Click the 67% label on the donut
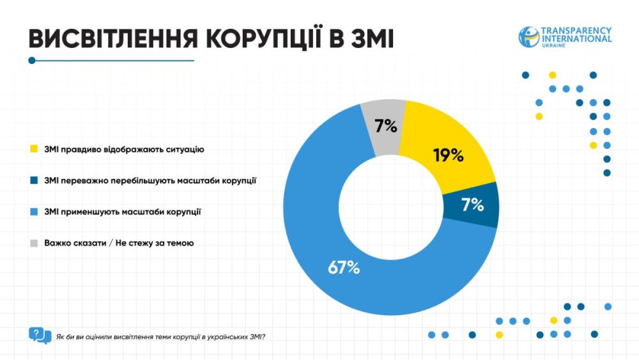pyautogui.click(x=344, y=268)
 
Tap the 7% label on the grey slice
pyautogui.click(x=386, y=126)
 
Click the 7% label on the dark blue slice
pyautogui.click(x=472, y=205)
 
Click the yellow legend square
pyautogui.click(x=33, y=150)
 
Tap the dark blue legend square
pyautogui.click(x=33, y=181)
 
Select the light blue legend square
pyautogui.click(x=33, y=212)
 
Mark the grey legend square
pyautogui.click(x=33, y=243)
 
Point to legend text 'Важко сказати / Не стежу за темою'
pyautogui.click(x=119, y=243)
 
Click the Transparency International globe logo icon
pyautogui.click(x=528, y=36)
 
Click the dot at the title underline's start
pyautogui.click(x=32, y=61)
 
